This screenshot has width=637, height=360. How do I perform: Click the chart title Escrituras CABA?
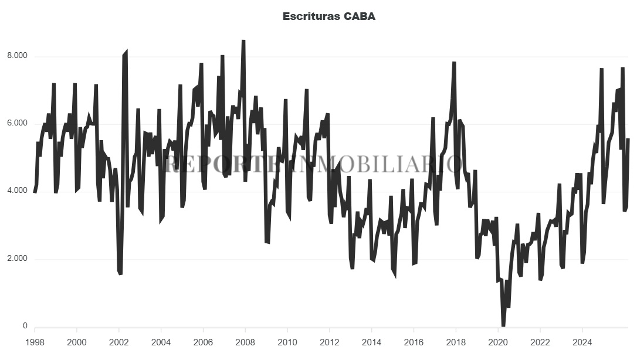pos(328,16)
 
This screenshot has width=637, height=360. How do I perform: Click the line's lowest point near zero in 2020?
pos(503,325)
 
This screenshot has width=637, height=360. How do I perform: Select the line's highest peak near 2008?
pos(243,40)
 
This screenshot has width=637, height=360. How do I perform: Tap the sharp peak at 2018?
pos(454,62)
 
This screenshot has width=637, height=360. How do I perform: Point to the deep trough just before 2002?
pos(120,273)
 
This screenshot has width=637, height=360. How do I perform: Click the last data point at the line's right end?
pos(628,139)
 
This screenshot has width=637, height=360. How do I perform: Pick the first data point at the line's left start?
pos(35,192)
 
